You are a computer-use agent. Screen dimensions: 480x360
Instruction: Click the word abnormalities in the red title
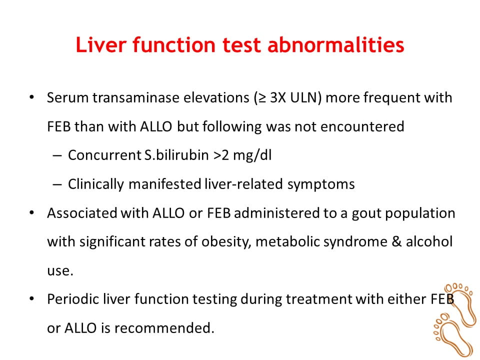336,45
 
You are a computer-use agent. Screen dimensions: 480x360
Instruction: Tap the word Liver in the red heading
100,45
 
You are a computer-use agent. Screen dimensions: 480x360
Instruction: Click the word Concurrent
104,155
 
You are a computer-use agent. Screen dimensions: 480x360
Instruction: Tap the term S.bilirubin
176,155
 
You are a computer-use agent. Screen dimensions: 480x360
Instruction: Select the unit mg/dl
252,155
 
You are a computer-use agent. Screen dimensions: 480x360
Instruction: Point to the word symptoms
321,184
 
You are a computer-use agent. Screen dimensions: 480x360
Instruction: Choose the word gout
366,213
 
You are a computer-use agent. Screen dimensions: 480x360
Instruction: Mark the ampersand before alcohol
396,242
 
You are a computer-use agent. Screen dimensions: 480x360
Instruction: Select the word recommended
164,328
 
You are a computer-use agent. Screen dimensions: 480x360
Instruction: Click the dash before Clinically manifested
57,184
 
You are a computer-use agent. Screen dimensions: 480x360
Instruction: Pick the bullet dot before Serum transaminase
31,97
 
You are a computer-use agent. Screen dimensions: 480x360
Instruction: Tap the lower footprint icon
452,335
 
